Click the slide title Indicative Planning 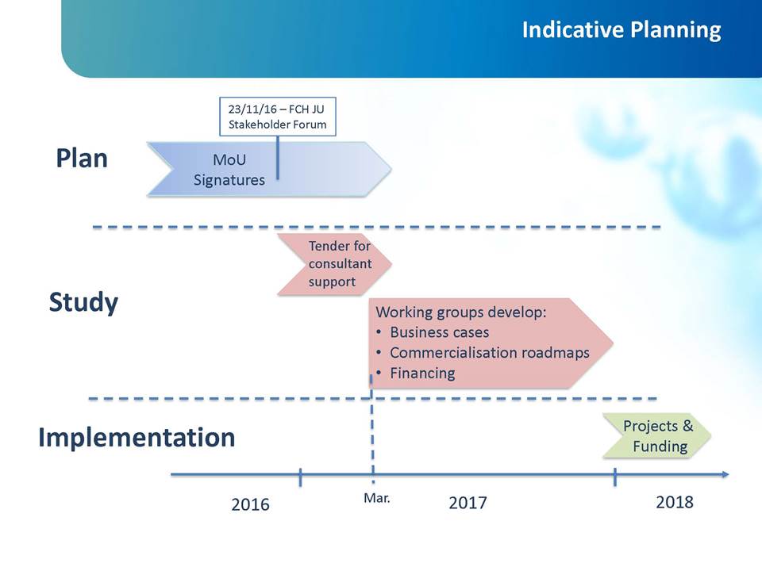coord(621,29)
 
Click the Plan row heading coord(82,159)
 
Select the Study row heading coord(83,302)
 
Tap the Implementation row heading coord(137,437)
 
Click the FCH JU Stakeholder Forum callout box coord(278,117)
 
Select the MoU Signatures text coord(229,170)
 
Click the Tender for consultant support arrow coord(334,264)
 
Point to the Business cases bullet coord(433,332)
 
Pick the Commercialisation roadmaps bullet coord(483,352)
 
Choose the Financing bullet coord(415,373)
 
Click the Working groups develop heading coord(460,312)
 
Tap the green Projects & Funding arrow coord(656,435)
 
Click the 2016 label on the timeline coord(250,504)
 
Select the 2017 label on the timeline coord(468,503)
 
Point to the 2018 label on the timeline coord(675,501)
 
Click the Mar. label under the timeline coord(376,498)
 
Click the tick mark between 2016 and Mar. coord(300,477)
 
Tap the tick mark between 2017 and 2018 coord(614,477)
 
